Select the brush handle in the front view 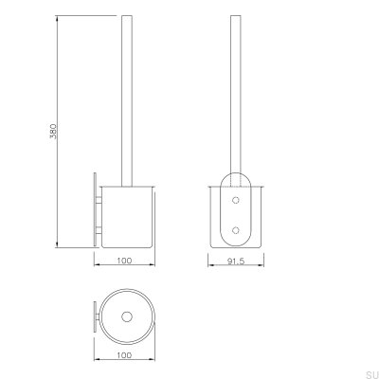[234, 95]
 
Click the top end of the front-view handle [234, 16]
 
